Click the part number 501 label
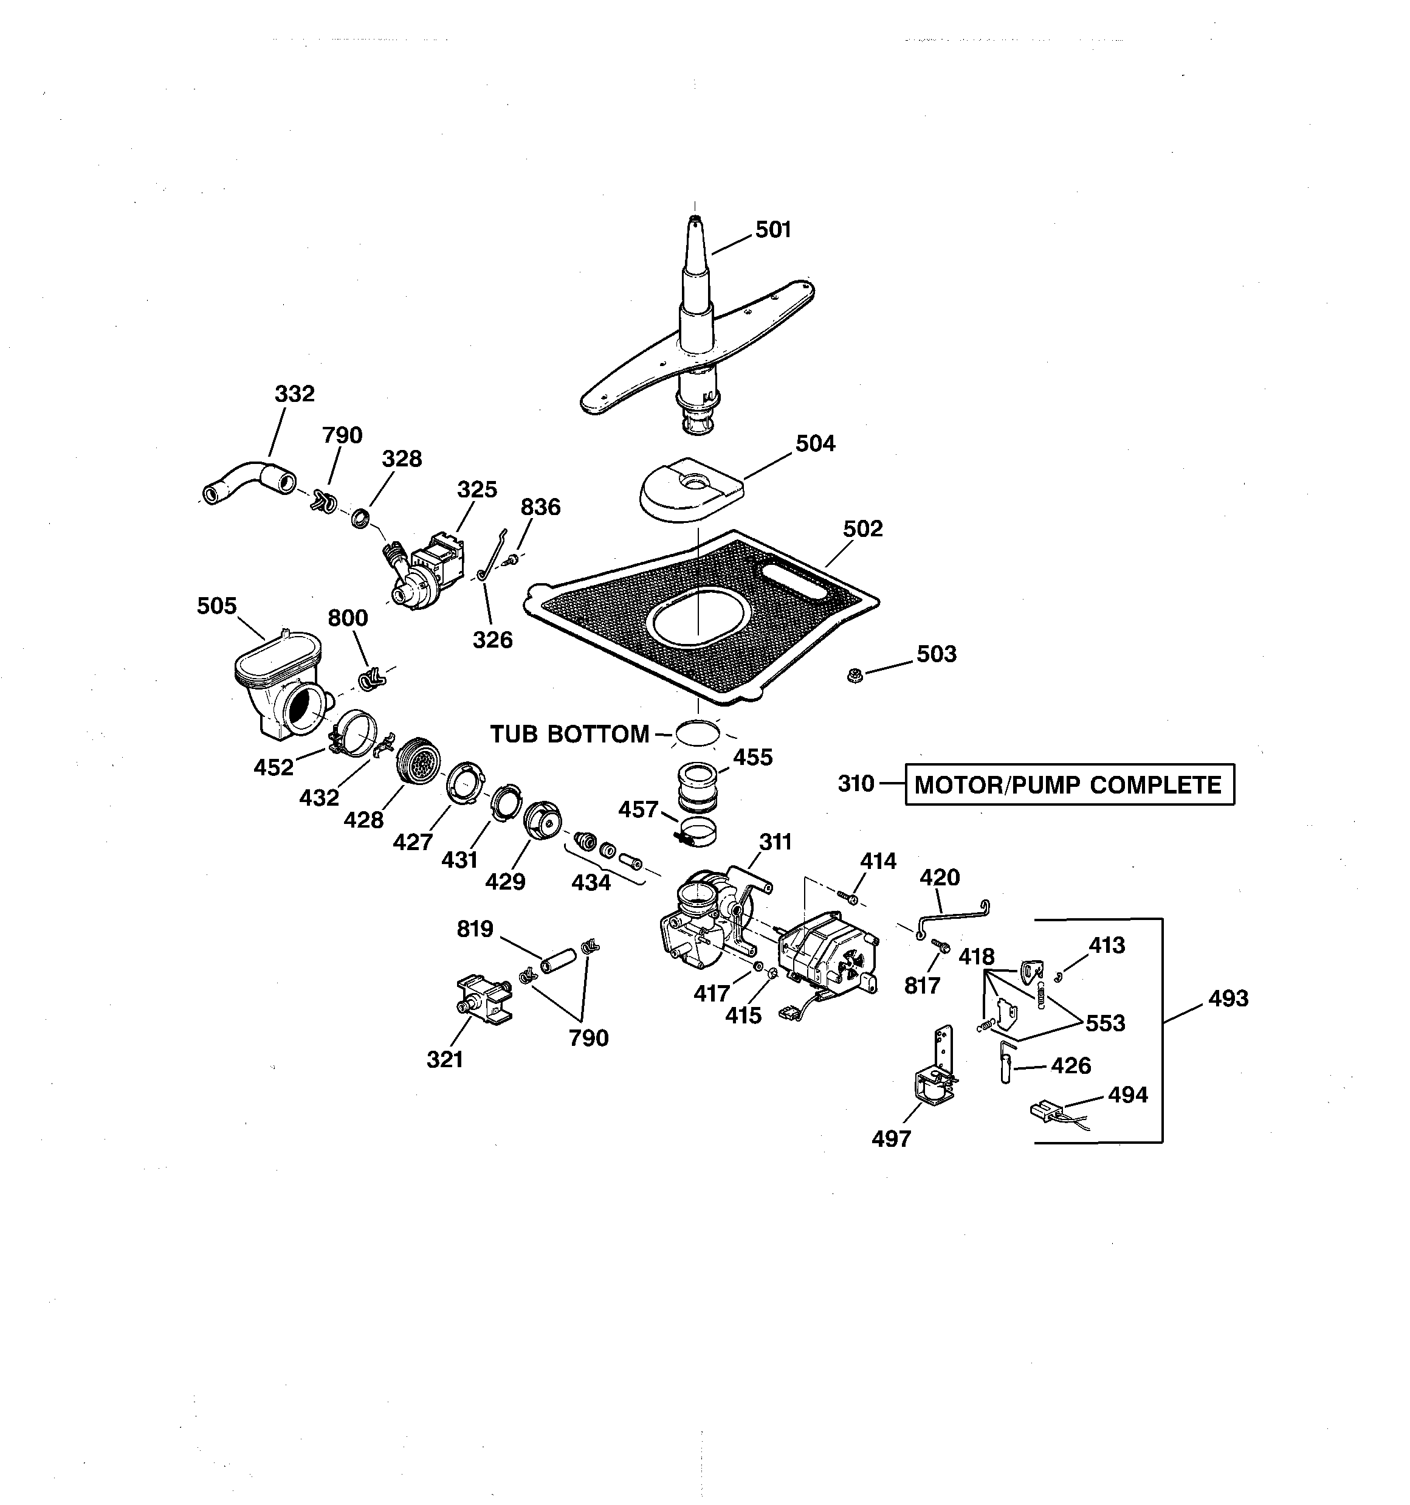772,229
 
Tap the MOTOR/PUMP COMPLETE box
1068,784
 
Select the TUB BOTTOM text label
569,733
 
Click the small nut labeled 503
855,674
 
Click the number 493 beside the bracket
1228,998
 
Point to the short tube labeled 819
559,960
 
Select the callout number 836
540,507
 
